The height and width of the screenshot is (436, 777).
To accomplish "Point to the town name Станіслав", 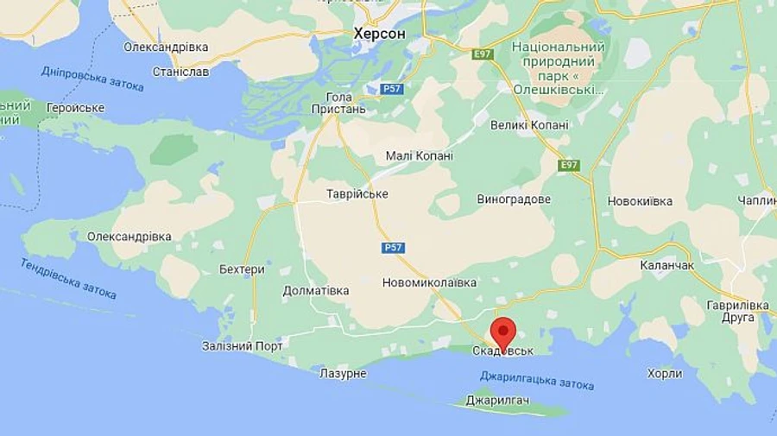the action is [x=180, y=72].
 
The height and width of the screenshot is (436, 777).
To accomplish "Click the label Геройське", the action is [x=75, y=108].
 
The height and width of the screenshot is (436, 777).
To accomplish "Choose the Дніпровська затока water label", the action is [x=92, y=79].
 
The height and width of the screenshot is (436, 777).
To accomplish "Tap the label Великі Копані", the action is [x=529, y=125].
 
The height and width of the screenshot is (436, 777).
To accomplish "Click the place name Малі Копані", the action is [x=419, y=156].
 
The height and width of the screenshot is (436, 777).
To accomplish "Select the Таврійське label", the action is [x=357, y=194].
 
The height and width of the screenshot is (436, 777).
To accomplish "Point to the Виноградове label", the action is [x=514, y=199].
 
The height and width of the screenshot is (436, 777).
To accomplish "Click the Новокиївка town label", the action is [x=640, y=201].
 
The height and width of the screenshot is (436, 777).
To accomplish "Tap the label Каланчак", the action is [x=666, y=265].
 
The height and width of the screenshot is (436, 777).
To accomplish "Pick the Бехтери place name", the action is [x=242, y=269].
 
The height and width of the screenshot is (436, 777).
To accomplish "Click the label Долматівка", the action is [x=316, y=291].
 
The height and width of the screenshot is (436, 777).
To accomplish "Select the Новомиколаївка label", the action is [x=429, y=282].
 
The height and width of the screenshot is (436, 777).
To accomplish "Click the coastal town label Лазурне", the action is [x=343, y=374].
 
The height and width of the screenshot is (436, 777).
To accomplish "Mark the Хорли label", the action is [x=665, y=374].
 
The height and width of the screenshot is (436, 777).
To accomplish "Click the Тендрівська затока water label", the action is [x=68, y=279].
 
